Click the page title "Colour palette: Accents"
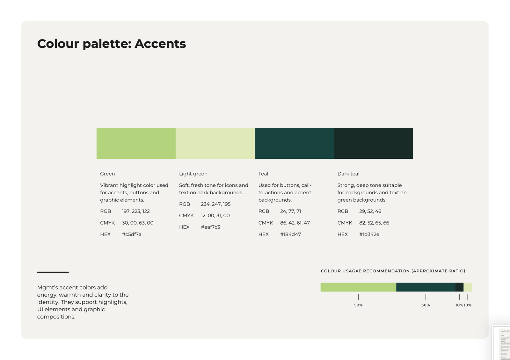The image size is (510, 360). point(111,44)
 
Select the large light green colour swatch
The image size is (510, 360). point(215,143)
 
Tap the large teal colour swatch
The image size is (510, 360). point(294,143)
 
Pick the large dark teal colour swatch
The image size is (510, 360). point(373,143)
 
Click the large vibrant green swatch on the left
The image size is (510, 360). point(136,143)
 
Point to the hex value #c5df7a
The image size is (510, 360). point(132,234)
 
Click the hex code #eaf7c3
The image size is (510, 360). point(210,227)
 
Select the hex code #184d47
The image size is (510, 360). point(290,234)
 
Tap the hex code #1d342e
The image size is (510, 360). point(369,234)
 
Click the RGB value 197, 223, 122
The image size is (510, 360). point(136,212)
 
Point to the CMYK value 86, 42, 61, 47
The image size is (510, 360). point(295,223)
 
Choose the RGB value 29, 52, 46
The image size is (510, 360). point(370,212)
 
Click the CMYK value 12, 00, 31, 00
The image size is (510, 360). point(215,216)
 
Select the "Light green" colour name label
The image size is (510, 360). point(193,174)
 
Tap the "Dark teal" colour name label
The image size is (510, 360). point(348,174)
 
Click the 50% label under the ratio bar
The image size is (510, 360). point(358,305)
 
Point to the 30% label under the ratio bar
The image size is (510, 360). point(426,305)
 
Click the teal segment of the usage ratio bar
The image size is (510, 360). point(426,287)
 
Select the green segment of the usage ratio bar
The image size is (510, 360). point(358,287)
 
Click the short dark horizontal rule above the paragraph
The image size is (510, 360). point(53,272)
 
